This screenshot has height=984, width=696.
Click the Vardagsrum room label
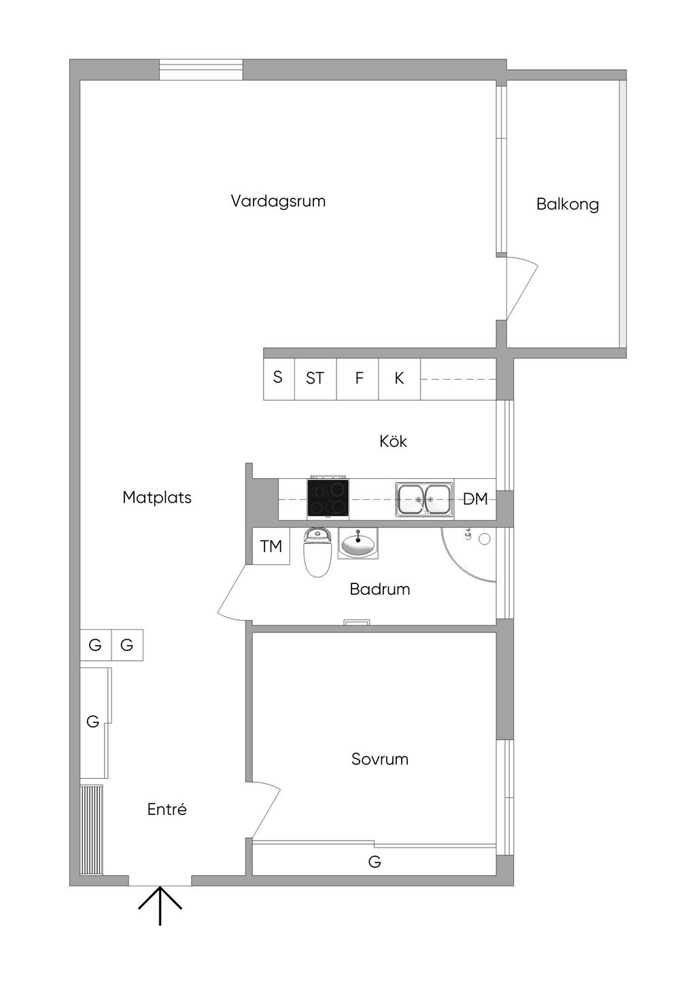pos(278,201)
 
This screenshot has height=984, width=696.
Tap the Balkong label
pos(568,204)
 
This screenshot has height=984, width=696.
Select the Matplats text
pos(157,497)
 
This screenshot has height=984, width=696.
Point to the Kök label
pos(394,441)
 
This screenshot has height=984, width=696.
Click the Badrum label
pos(380,589)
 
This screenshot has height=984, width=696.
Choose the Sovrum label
pos(380,759)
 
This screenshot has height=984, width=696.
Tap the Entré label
pos(167,809)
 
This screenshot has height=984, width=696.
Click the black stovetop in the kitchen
pos(328,497)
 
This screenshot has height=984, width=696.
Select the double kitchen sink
pos(424,499)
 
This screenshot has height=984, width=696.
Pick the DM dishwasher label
pos(475,499)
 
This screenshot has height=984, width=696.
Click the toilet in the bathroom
pos(317,551)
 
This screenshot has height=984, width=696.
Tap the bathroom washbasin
pos(358,543)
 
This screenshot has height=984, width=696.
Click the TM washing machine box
pos(271,546)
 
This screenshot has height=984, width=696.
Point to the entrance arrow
pos(160,906)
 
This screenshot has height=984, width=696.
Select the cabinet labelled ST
pos(315,379)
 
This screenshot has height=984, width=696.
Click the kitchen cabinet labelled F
pos(358,379)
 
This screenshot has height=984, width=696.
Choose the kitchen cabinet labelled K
pos(399,379)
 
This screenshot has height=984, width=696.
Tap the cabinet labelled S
pos(279,379)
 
